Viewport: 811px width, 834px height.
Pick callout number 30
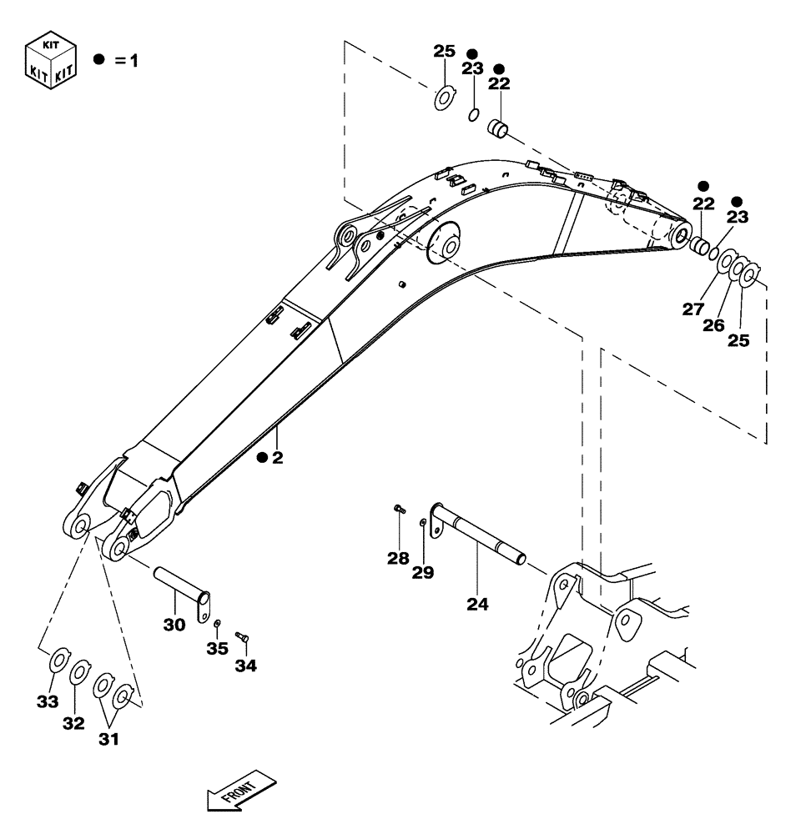pyautogui.click(x=174, y=623)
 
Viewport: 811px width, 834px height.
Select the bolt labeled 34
pyautogui.click(x=243, y=638)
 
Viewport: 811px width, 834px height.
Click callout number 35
pyautogui.click(x=217, y=647)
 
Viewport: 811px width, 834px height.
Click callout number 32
pyautogui.click(x=73, y=723)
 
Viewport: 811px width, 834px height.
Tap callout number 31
pyautogui.click(x=108, y=738)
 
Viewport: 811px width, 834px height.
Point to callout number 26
pyautogui.click(x=713, y=325)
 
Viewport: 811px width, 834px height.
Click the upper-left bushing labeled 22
pyautogui.click(x=498, y=130)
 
